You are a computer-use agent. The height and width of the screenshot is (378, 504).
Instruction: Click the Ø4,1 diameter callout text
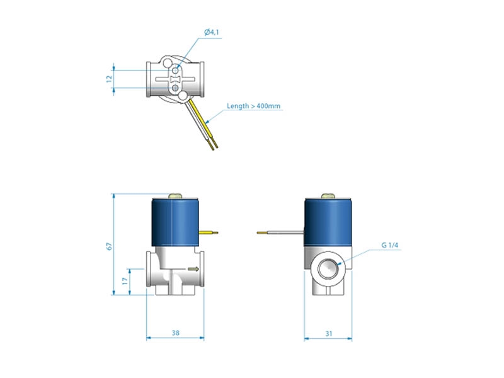click(x=212, y=32)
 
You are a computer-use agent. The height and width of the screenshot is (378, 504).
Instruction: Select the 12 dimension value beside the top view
click(x=109, y=78)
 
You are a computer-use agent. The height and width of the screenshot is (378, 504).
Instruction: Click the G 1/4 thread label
click(x=390, y=245)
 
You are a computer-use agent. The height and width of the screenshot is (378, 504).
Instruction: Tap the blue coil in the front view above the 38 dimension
click(x=175, y=223)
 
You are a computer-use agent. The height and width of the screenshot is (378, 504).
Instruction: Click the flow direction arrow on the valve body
click(x=193, y=269)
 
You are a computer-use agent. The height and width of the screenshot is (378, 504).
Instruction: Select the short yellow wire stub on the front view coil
click(x=209, y=232)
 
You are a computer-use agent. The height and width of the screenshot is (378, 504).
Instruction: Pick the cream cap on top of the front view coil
click(x=175, y=197)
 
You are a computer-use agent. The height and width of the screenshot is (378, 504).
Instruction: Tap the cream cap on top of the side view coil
click(x=328, y=197)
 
